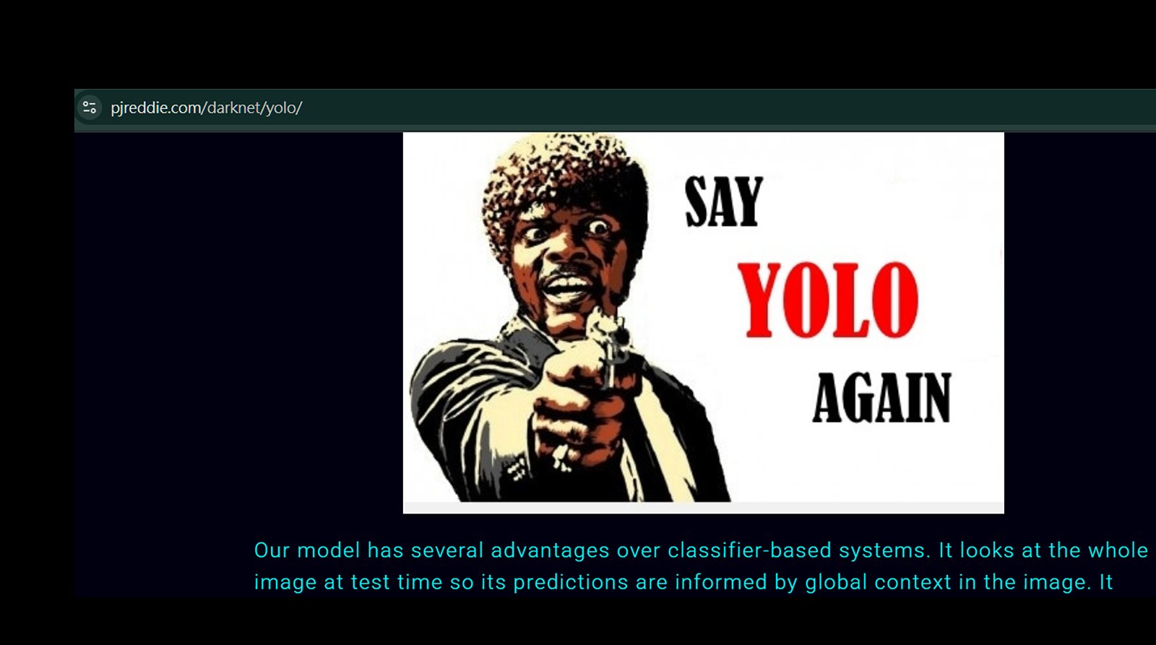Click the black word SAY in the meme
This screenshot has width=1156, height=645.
723,202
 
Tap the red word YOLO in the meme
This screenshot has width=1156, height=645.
829,300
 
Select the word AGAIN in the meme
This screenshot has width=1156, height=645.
882,397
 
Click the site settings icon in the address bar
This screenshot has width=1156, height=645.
90,108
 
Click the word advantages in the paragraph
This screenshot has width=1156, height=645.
550,550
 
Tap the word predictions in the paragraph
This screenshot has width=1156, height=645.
571,583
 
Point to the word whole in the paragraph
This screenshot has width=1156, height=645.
1118,550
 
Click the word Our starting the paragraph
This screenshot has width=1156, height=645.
272,550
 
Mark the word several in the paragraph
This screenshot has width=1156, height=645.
447,550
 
